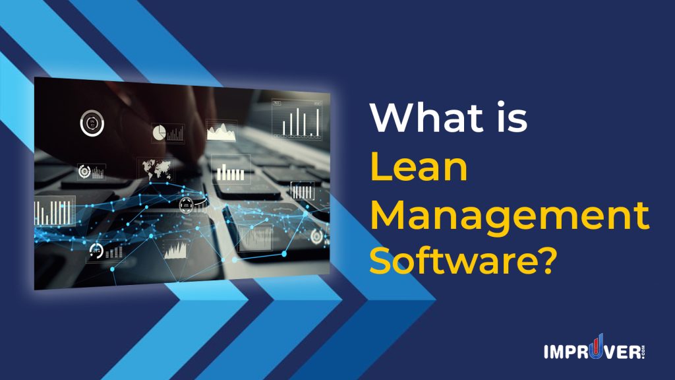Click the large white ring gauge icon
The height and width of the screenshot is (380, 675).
tap(92, 123)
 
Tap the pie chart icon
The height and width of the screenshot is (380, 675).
tap(159, 133)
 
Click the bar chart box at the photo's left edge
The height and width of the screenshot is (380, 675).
tap(54, 211)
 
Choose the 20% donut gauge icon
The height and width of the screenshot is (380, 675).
tap(97, 251)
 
